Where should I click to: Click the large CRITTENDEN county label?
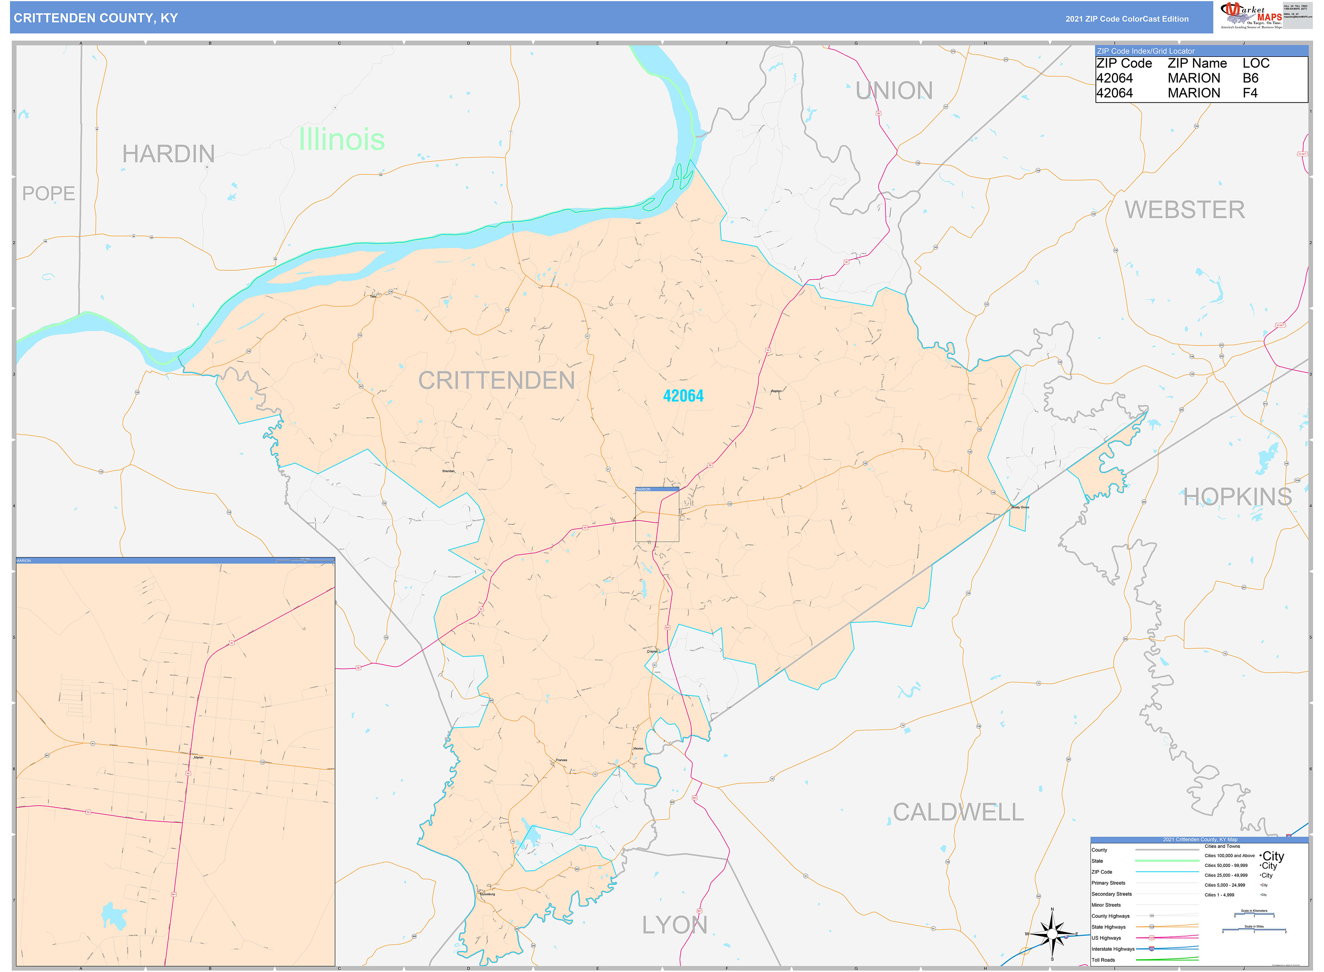tap(496, 381)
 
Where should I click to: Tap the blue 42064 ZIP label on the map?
tap(683, 396)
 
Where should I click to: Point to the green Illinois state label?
tap(341, 139)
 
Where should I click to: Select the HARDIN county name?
tap(168, 154)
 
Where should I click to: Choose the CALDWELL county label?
tap(958, 812)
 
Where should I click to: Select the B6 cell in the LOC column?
tap(1250, 78)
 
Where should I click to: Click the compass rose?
tap(1052, 934)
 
